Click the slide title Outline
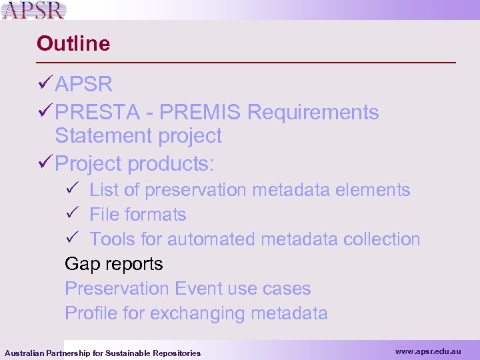[x=73, y=43]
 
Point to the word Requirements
[x=313, y=113]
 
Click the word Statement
[x=103, y=136]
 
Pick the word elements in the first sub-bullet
[x=373, y=190]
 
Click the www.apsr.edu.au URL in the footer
[x=427, y=351]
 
